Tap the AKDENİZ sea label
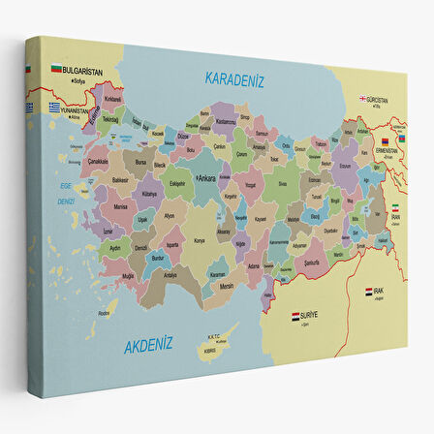(x=148, y=343)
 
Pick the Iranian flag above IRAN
(x=394, y=207)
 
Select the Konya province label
(x=200, y=240)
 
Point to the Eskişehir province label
(x=176, y=182)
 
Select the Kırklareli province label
(x=113, y=98)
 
